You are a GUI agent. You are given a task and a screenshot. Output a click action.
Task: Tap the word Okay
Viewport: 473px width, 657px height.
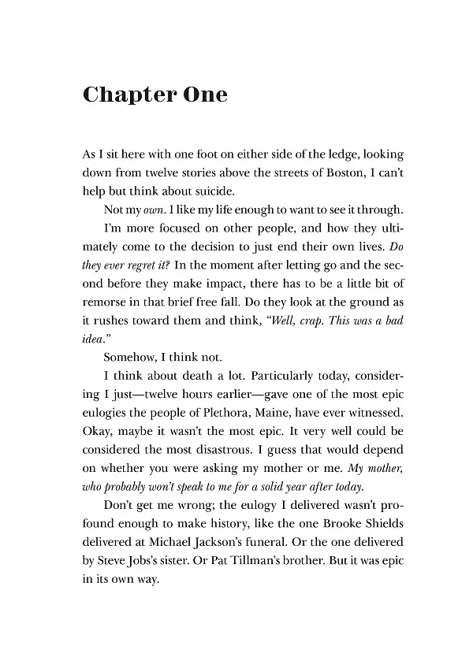point(97,437)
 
